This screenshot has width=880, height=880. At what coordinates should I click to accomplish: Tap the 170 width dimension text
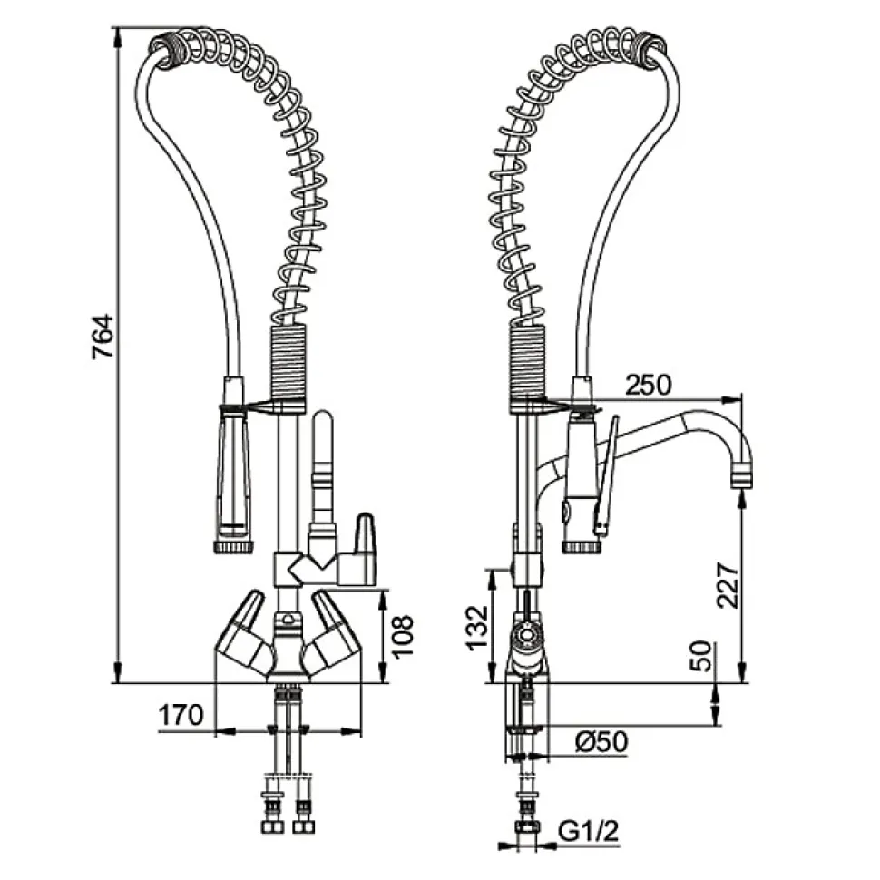click(x=181, y=716)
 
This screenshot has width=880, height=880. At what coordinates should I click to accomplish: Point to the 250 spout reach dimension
click(x=648, y=385)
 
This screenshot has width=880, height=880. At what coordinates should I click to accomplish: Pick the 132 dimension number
click(x=481, y=625)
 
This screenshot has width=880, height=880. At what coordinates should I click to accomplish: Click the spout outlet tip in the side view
click(x=743, y=474)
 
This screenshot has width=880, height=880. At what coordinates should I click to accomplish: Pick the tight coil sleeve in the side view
click(x=529, y=363)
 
